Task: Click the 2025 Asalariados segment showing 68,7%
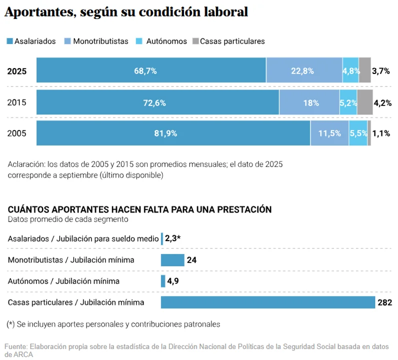tap(151, 70)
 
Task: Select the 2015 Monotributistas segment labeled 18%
tap(309, 103)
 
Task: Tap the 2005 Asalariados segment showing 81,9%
tap(173, 133)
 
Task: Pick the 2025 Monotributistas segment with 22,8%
tap(304, 70)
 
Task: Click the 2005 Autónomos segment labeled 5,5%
tap(358, 133)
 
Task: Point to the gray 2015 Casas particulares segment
tap(364, 103)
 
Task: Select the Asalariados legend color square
tap(9, 41)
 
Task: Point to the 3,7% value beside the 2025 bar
tap(381, 71)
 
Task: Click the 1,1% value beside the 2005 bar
tap(381, 133)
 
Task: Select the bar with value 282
tap(267, 302)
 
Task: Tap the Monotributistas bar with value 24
tap(172, 260)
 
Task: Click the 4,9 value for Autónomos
tap(173, 281)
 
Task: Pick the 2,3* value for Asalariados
tap(172, 239)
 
